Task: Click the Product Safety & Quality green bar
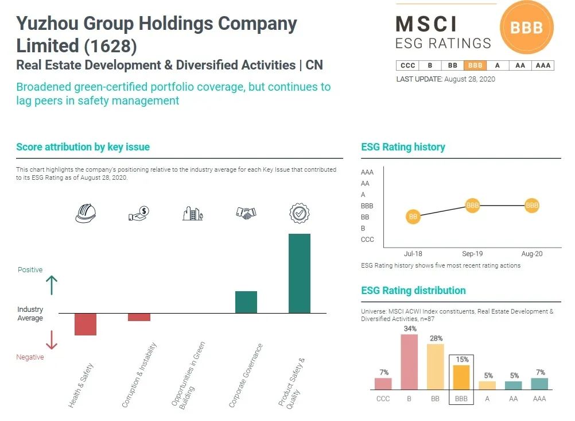299,273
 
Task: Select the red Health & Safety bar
86,324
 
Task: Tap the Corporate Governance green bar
246,302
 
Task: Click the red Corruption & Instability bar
139,317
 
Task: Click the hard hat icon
86,214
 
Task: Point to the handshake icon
246,213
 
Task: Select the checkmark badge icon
299,214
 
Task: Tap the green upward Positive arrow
52,285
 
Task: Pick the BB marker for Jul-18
413,217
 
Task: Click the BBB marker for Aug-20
532,205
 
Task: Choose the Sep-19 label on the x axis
472,253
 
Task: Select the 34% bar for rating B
409,362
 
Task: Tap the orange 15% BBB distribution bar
461,377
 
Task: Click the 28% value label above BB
436,338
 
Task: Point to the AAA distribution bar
539,384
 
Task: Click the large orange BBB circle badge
526,28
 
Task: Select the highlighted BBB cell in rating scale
475,65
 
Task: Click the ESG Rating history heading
403,147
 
